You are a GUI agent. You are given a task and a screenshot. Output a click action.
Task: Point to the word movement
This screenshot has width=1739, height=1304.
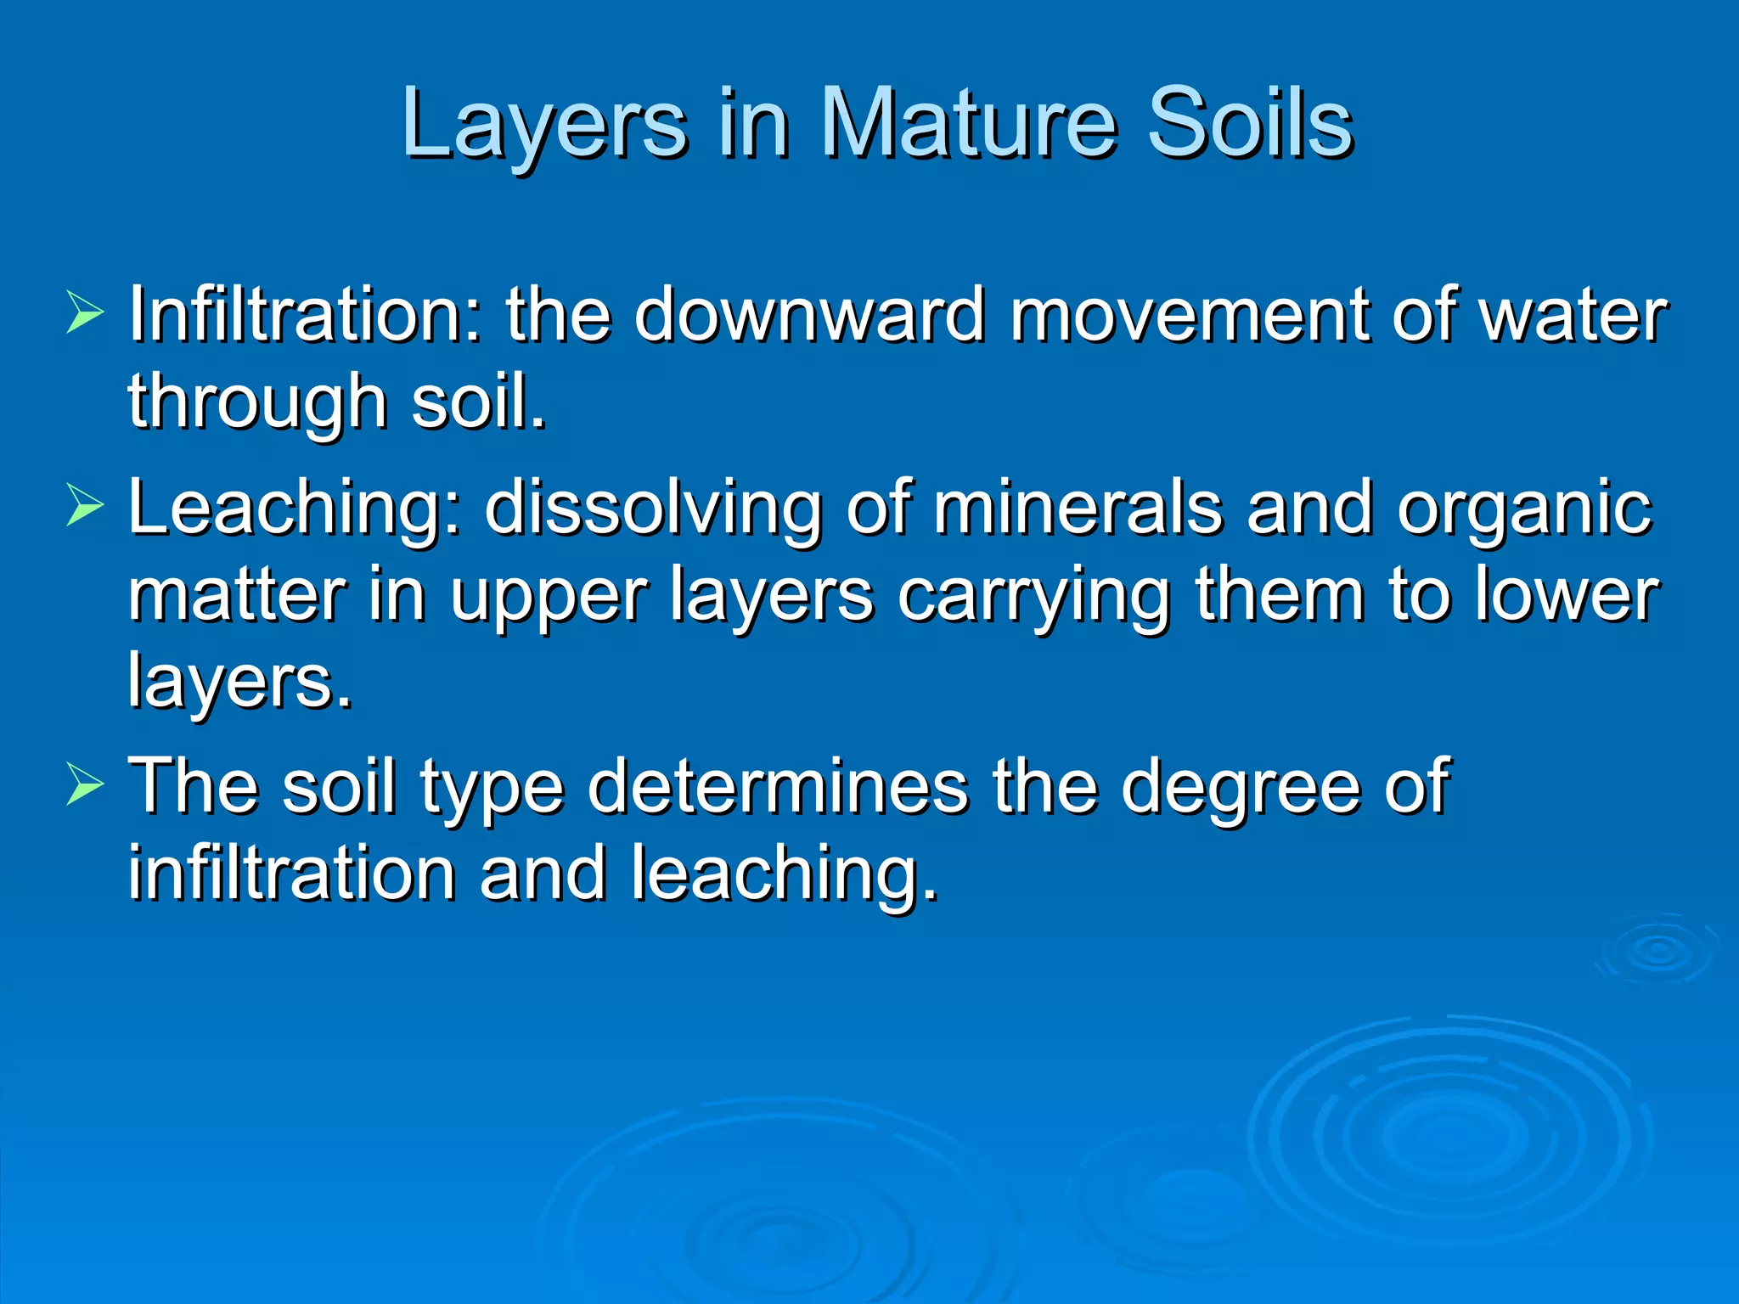click(x=1189, y=315)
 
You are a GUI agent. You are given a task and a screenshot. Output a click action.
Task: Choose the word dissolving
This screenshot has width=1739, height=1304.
click(x=654, y=509)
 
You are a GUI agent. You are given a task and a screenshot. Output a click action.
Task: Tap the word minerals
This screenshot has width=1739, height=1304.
click(x=1078, y=509)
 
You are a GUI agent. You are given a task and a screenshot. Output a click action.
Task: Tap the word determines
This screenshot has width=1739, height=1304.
click(x=778, y=787)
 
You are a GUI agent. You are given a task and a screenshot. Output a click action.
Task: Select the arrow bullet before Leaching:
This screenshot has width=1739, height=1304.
click(x=84, y=508)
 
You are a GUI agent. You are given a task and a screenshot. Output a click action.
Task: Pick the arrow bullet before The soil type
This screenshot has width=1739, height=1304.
click(x=84, y=785)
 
